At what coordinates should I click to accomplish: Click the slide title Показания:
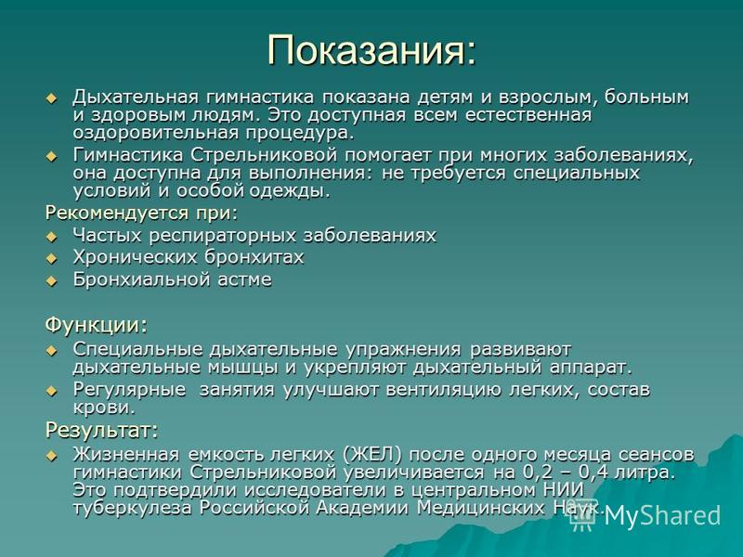coord(371,51)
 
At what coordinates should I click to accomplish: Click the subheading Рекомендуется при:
coord(141,214)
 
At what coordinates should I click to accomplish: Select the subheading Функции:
coord(97,326)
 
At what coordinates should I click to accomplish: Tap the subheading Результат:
coord(102,430)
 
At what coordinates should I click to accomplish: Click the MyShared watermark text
coord(662,515)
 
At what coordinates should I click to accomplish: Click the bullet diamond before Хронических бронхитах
coord(51,259)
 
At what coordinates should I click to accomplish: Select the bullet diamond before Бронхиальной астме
coord(51,281)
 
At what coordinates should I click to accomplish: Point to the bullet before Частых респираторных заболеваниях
coord(51,237)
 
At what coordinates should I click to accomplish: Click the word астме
coord(245,279)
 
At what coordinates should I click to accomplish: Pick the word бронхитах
coord(254,257)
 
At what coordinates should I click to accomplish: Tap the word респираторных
coord(223,236)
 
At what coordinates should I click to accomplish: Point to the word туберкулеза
coord(133,508)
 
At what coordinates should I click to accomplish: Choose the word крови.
coord(104,408)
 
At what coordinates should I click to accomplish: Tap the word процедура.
coord(299,133)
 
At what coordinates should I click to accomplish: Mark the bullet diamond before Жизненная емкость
coord(51,456)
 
